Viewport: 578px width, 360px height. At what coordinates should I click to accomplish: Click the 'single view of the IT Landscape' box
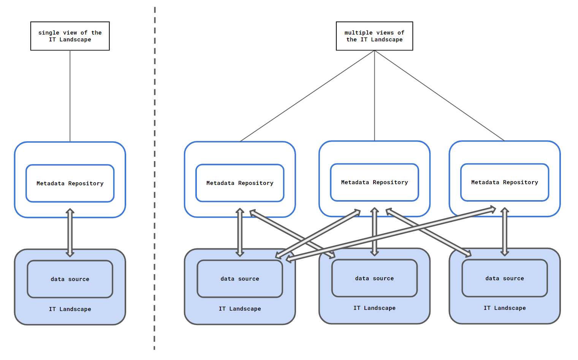coord(70,36)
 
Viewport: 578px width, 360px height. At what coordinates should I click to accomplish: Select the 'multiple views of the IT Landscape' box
coord(374,36)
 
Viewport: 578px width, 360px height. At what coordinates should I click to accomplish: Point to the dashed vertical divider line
coord(155,178)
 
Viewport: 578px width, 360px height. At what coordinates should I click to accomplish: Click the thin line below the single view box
coord(70,96)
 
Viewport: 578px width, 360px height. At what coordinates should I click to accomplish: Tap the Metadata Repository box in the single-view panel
coord(70,183)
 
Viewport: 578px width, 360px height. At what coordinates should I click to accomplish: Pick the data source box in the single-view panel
coord(70,279)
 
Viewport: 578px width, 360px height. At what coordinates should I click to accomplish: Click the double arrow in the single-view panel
coord(70,233)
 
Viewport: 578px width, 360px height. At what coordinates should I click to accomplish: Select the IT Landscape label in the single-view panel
coord(70,309)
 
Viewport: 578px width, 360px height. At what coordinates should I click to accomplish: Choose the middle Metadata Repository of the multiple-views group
coord(374,182)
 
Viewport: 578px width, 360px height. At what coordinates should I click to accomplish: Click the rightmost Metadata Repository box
coord(504,182)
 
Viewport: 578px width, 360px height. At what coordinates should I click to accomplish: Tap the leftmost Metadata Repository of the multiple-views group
coord(240,183)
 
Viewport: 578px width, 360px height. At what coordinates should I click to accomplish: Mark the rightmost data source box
coord(504,278)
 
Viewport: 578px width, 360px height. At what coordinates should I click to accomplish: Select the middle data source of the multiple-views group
coord(374,278)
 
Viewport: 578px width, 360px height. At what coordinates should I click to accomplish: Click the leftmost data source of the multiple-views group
coord(240,279)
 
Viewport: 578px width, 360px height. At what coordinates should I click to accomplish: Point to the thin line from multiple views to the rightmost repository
coord(439,96)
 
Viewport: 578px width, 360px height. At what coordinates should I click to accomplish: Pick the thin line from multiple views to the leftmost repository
coord(307,96)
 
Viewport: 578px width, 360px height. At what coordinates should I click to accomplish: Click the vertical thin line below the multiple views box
coord(374,96)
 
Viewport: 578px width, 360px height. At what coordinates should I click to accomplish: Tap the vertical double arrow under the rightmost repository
coord(504,232)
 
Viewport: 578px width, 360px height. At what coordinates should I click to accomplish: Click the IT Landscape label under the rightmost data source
coord(504,308)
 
